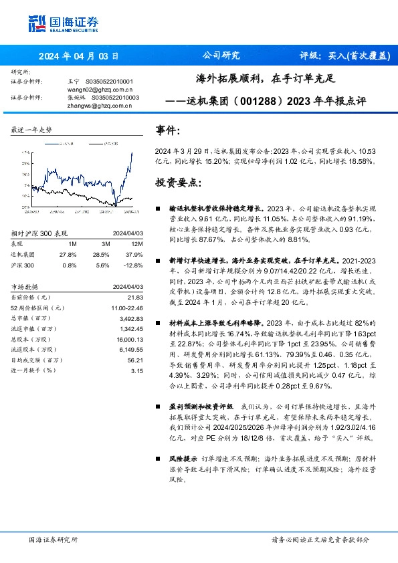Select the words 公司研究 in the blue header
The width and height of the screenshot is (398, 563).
pyautogui.click(x=220, y=56)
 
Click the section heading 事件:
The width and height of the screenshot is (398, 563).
pyautogui.click(x=167, y=130)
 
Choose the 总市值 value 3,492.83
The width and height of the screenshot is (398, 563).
pyautogui.click(x=131, y=318)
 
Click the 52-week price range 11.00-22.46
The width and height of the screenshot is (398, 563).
pyautogui.click(x=127, y=308)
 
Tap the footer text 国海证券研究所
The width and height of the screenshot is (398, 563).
pyautogui.click(x=52, y=539)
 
